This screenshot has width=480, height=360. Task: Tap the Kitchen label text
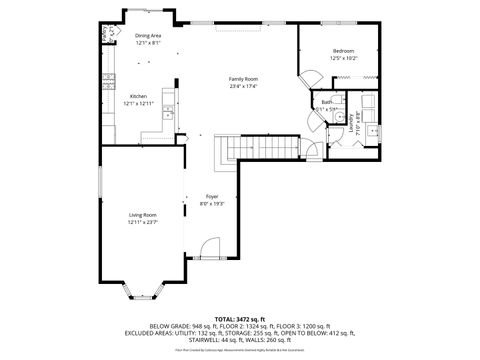[138, 96]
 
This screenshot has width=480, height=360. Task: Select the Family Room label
[244, 78]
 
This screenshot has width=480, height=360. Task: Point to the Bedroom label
[344, 51]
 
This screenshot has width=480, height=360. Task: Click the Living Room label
[142, 215]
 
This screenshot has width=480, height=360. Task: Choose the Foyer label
[212, 196]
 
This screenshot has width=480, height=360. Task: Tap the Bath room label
[326, 102]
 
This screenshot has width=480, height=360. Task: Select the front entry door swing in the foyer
[207, 248]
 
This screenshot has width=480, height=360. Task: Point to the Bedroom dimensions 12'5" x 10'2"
[344, 58]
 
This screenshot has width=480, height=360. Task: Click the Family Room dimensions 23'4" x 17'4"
[244, 85]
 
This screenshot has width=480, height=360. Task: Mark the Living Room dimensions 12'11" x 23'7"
[142, 222]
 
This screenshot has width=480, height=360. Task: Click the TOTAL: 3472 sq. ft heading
[240, 318]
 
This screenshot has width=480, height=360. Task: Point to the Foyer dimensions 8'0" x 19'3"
[212, 203]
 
